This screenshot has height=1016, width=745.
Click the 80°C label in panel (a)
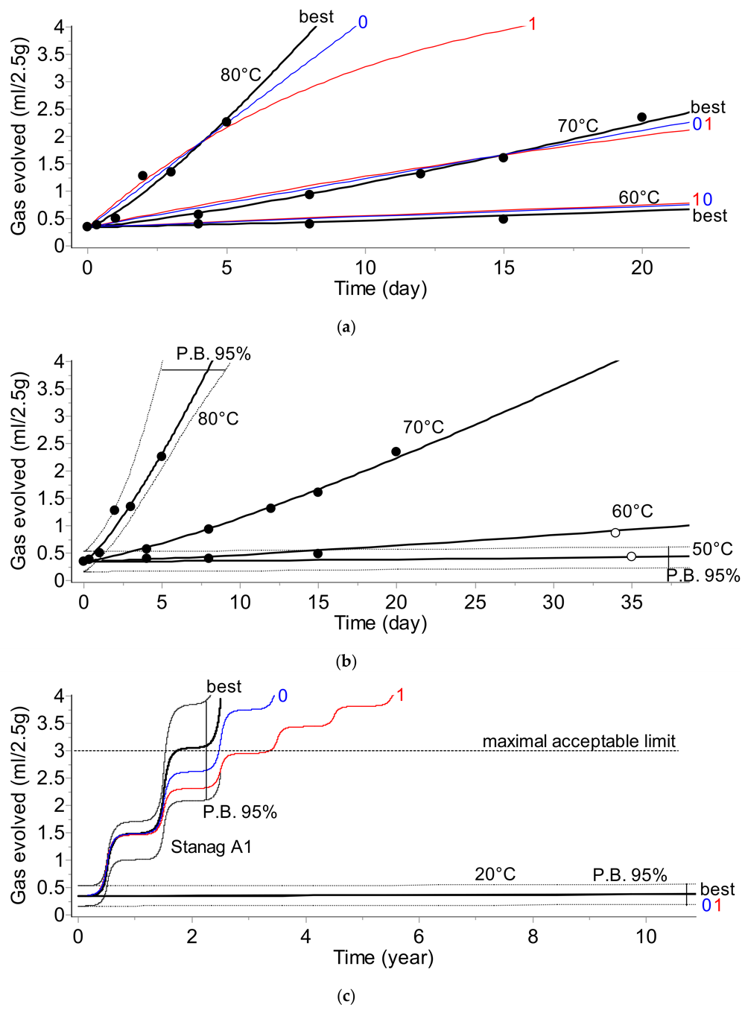coord(241,74)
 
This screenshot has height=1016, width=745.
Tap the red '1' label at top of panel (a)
coord(532,24)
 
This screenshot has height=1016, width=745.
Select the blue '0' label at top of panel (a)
coord(363,22)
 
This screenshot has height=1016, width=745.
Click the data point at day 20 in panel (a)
coord(641,117)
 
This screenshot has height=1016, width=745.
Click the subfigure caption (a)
coord(346,326)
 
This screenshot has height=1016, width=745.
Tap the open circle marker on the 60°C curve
coord(615,532)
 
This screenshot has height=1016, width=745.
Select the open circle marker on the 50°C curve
coord(631,556)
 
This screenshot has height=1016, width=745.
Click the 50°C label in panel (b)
coord(712,549)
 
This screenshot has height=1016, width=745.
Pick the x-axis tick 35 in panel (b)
coord(632,602)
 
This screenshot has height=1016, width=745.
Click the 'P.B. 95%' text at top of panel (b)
coord(213,354)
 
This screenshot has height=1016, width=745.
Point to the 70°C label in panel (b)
coord(423,428)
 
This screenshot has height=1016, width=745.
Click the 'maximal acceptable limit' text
coord(579,741)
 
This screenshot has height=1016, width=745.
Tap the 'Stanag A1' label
coord(211,847)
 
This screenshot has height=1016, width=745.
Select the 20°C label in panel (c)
coord(495,874)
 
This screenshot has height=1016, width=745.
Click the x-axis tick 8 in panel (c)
coord(533,936)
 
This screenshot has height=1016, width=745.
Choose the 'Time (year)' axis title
coord(383,957)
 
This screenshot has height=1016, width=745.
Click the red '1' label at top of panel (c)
coord(401,695)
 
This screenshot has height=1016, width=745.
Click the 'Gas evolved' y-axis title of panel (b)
coord(19,471)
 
